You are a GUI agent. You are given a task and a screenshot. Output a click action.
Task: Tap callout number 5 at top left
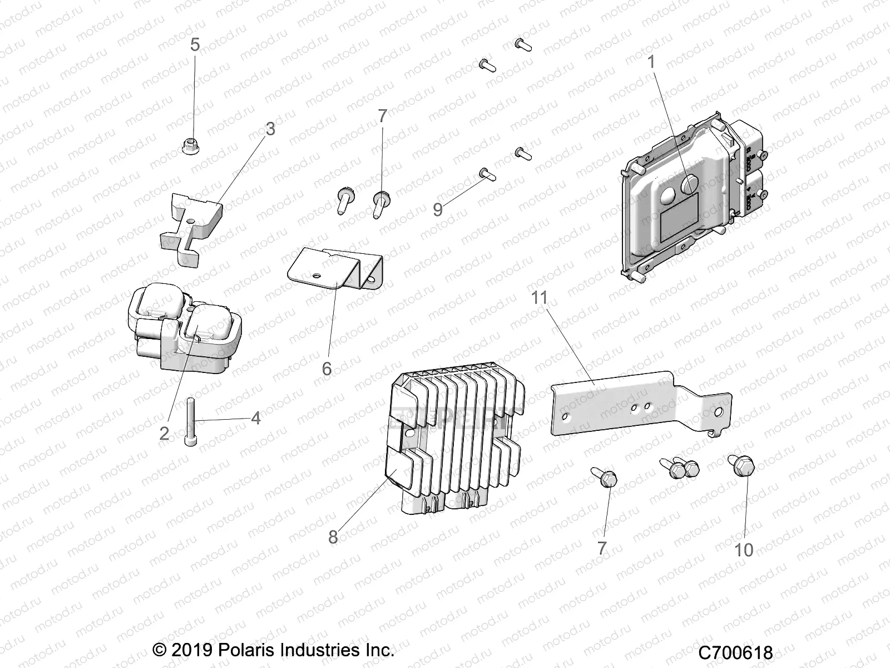click(194, 45)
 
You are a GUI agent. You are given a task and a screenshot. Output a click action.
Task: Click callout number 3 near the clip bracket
click(270, 130)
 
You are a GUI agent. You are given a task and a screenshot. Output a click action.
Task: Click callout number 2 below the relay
click(164, 433)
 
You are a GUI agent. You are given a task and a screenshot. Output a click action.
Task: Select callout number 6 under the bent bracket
click(327, 369)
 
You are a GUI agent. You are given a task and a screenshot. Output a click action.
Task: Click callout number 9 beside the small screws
click(438, 210)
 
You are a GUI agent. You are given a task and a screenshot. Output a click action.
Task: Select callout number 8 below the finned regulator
click(333, 537)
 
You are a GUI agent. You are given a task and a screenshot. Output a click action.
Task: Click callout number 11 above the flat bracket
click(539, 298)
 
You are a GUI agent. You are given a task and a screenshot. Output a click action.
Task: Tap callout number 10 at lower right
click(744, 549)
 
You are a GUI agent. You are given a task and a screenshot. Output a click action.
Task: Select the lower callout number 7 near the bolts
click(601, 548)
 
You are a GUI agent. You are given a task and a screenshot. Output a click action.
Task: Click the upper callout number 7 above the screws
click(382, 116)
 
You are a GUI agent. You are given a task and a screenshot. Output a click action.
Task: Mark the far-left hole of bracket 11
click(565, 417)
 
